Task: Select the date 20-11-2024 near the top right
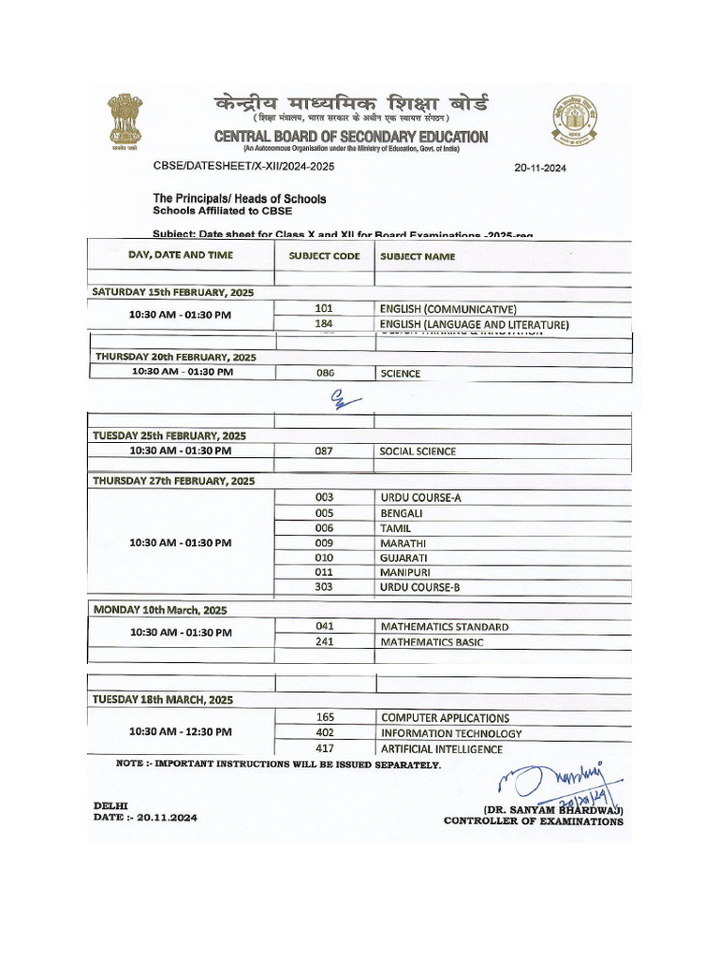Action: [540, 169]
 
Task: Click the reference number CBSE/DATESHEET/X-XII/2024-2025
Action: [243, 166]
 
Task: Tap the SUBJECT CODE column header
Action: [324, 256]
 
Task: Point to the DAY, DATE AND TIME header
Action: [181, 255]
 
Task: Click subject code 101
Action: [324, 308]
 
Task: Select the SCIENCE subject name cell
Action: [400, 374]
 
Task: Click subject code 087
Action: [324, 451]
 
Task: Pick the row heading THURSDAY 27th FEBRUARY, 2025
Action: [173, 480]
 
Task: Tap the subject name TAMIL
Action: [395, 527]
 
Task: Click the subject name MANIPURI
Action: [404, 572]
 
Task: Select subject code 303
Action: [324, 587]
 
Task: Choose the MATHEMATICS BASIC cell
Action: [444, 642]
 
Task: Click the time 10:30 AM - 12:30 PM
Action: [180, 732]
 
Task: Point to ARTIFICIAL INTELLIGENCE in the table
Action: [441, 749]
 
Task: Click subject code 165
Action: [324, 717]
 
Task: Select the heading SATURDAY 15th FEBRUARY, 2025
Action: [172, 292]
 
